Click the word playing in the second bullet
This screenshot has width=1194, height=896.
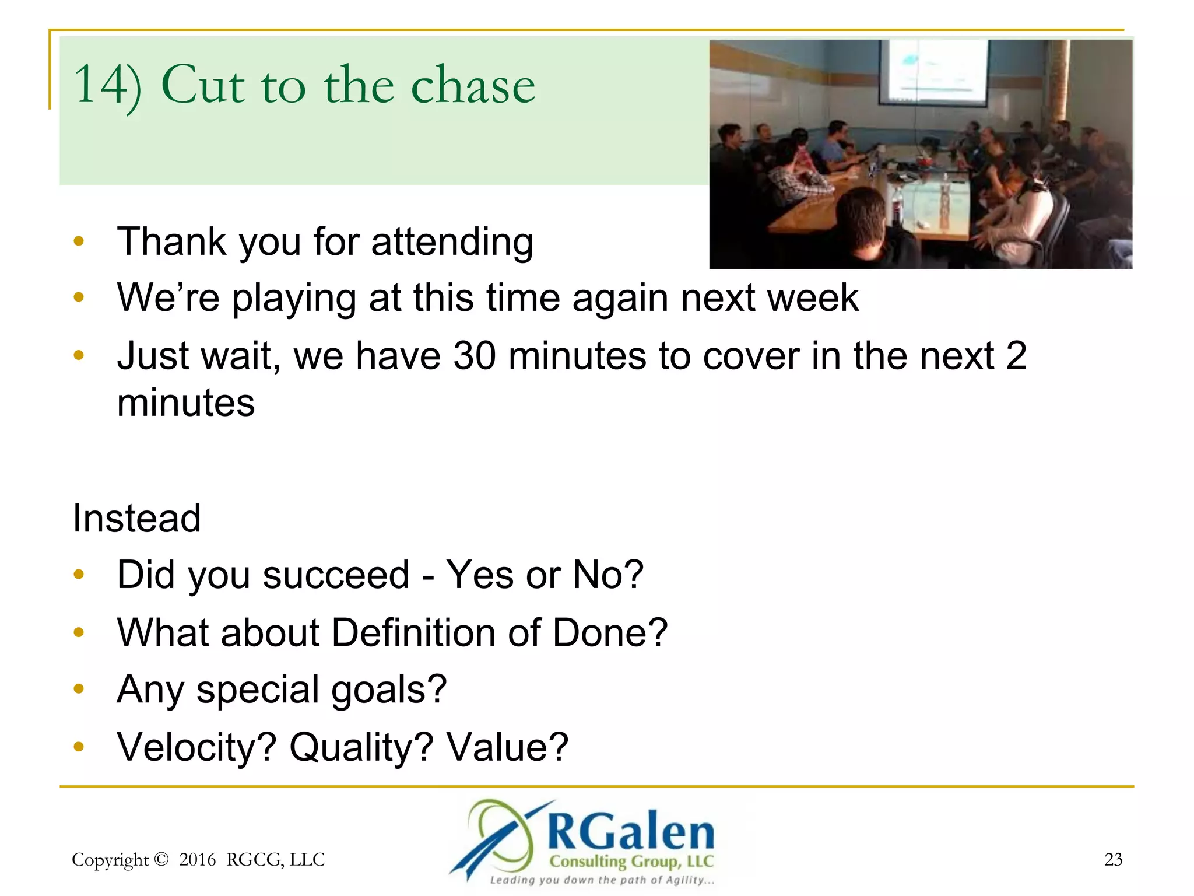294,299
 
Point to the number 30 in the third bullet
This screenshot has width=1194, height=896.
475,356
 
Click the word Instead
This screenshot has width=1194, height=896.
136,518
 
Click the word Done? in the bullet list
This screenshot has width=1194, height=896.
609,633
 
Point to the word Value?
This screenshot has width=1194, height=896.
507,747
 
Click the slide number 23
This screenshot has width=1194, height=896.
1113,859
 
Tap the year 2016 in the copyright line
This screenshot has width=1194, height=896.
197,860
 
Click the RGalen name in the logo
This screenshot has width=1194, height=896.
630,831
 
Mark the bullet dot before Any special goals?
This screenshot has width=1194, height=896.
79,689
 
